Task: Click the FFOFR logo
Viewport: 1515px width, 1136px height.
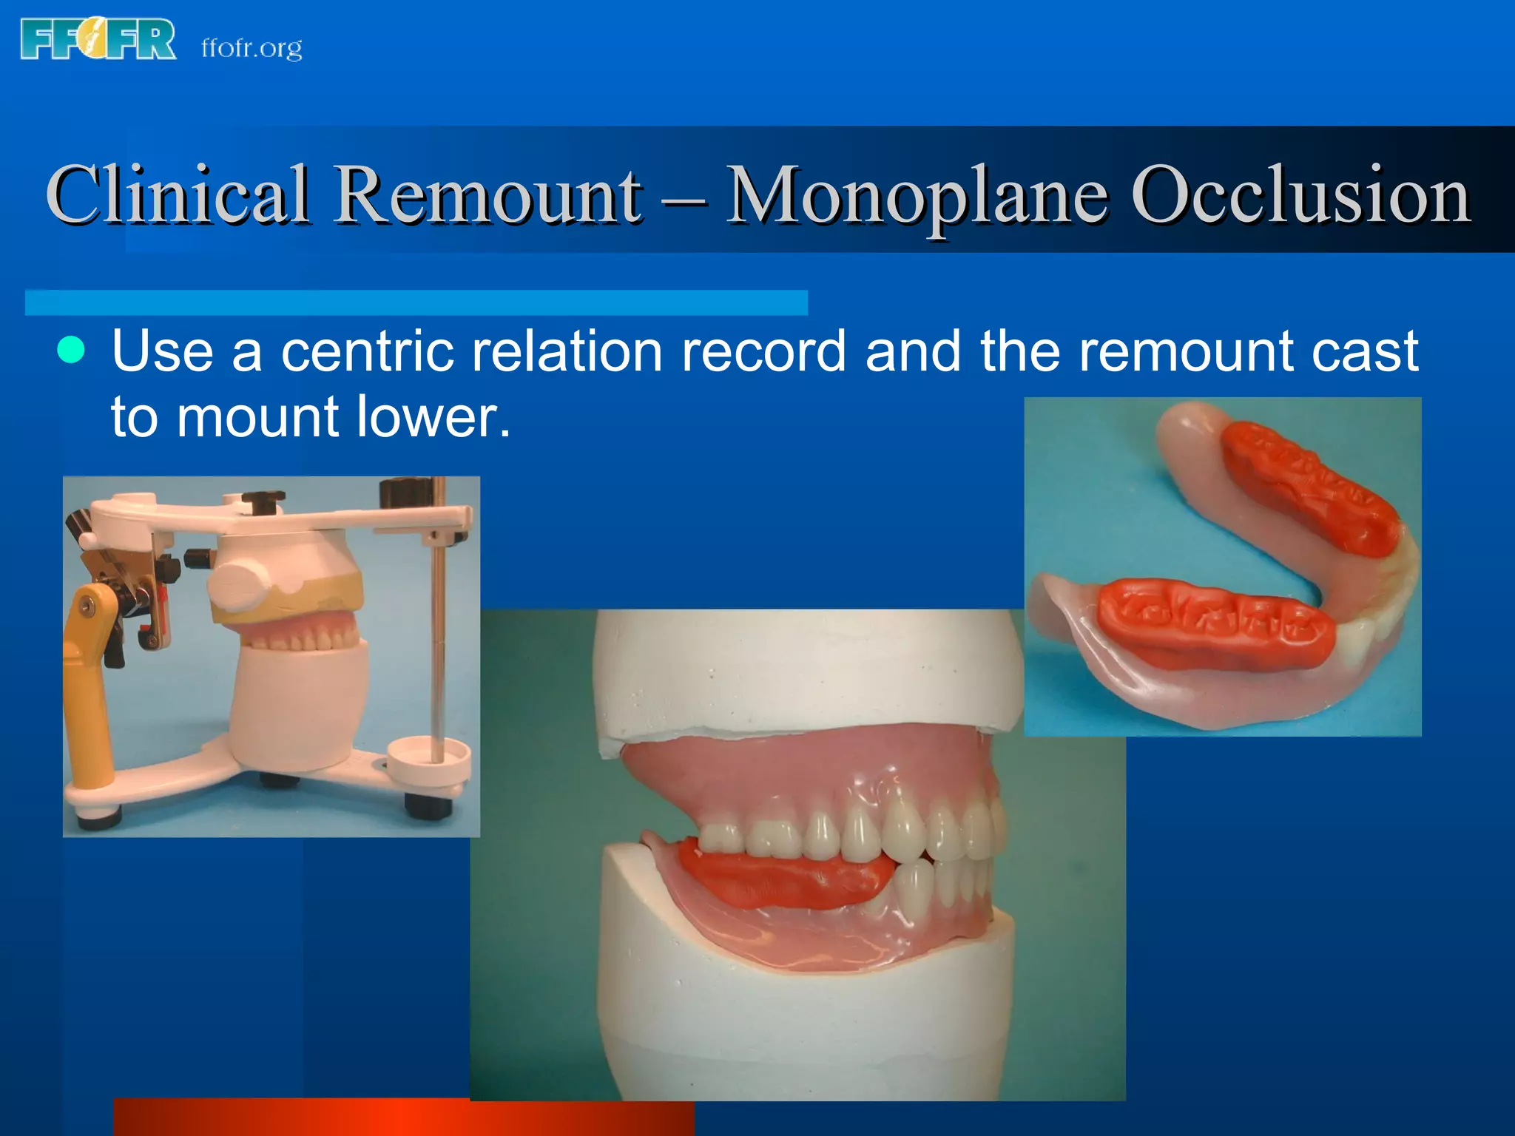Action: coord(98,40)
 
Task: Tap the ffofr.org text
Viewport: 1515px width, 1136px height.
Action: coord(252,48)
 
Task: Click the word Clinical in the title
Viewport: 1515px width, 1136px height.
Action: coord(178,194)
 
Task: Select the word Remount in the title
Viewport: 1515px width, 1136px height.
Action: coord(488,194)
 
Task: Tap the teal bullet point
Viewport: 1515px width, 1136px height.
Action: coord(71,349)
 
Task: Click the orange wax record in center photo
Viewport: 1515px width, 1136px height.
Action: coord(784,876)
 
